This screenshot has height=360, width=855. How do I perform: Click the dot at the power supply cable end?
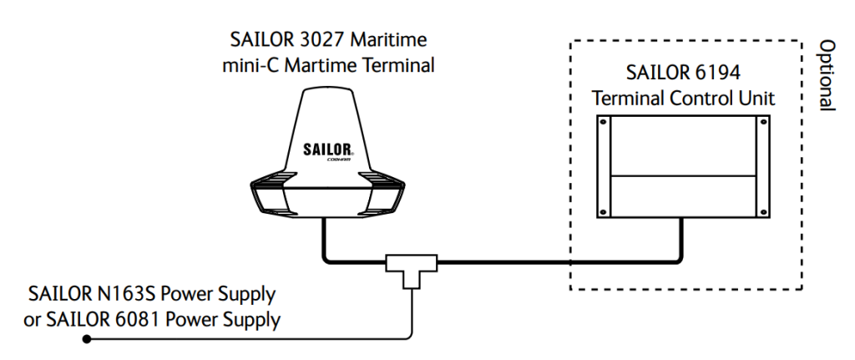pos(87,338)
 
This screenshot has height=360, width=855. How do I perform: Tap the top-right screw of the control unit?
pos(761,122)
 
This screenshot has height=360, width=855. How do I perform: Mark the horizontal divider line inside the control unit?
pos(684,175)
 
